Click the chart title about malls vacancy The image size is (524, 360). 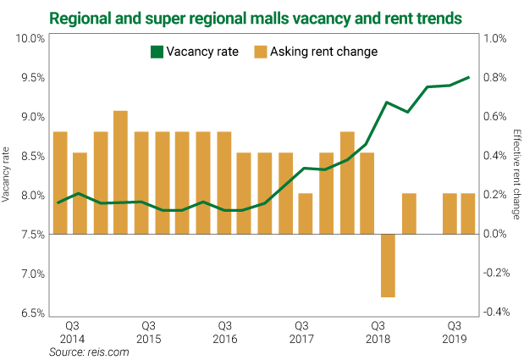[262, 16]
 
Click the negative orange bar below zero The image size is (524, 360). [388, 265]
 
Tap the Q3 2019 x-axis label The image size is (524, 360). [455, 332]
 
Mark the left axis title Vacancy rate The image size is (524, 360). [8, 175]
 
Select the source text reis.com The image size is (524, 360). [89, 352]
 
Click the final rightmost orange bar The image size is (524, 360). [467, 213]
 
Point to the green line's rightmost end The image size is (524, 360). [469, 78]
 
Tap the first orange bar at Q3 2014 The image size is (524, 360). [60, 183]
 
